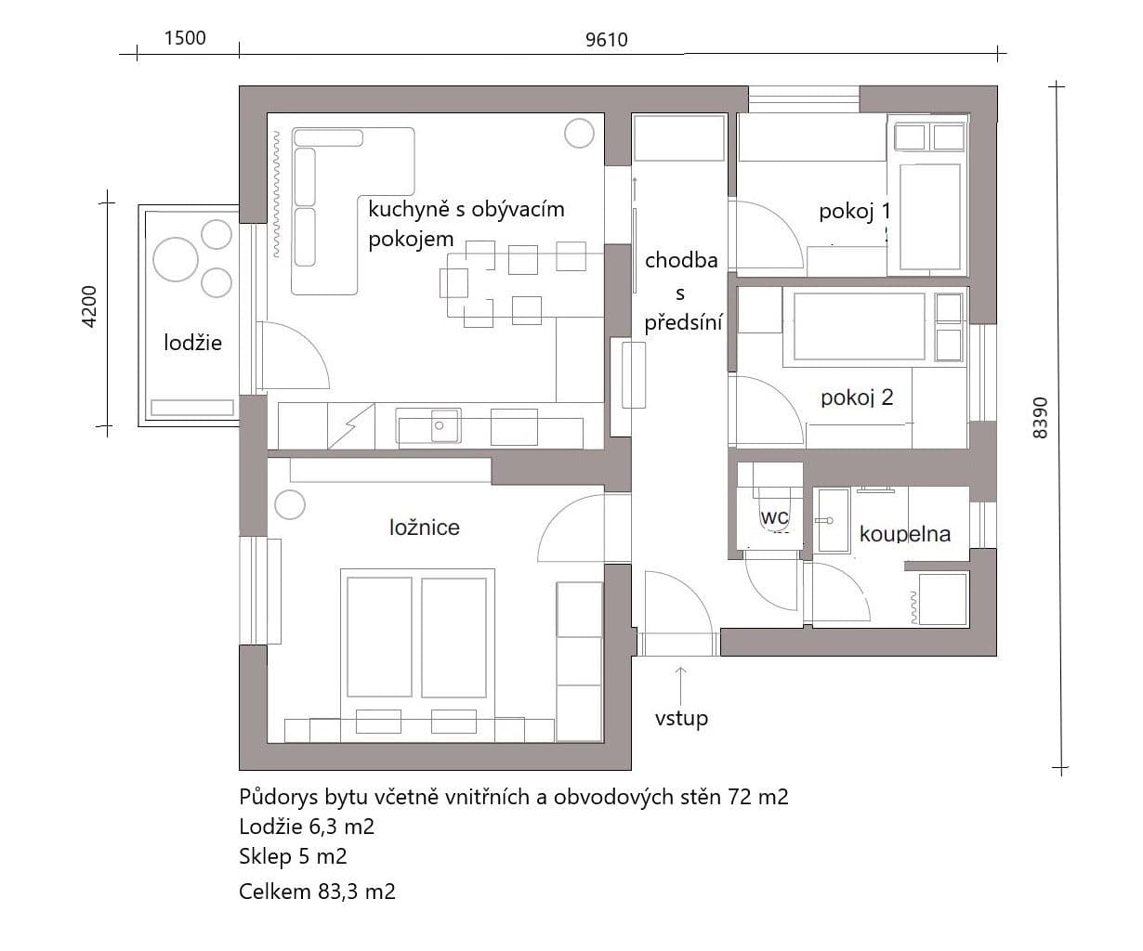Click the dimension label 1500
(x=184, y=38)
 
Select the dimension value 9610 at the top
(x=607, y=39)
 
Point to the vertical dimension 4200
(x=89, y=306)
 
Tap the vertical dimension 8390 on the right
(x=1040, y=417)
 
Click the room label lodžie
(x=193, y=343)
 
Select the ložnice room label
(x=424, y=528)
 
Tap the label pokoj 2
(x=857, y=397)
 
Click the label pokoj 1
(x=853, y=212)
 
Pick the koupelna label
(x=904, y=534)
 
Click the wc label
(x=774, y=516)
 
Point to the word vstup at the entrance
(x=681, y=718)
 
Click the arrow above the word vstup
(x=681, y=684)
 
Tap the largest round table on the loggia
(x=176, y=259)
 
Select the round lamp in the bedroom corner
(x=290, y=506)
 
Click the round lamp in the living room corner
(x=578, y=134)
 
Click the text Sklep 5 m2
(x=293, y=856)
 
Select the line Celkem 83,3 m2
(x=317, y=892)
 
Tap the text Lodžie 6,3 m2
(x=307, y=827)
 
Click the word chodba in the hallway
(x=681, y=260)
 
